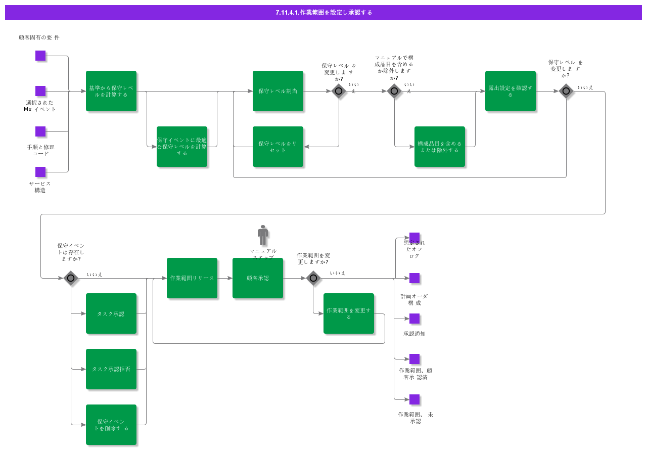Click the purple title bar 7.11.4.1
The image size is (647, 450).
pyautogui.click(x=323, y=13)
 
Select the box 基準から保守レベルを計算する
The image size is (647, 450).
pyautogui.click(x=111, y=91)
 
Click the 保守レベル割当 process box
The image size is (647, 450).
pyautogui.click(x=278, y=91)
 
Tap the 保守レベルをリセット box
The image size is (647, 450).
pyautogui.click(x=278, y=147)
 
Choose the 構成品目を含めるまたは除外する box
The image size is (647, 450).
pyautogui.click(x=440, y=147)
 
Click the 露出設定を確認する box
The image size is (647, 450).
pyautogui.click(x=511, y=91)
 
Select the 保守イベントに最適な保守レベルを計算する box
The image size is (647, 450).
pyautogui.click(x=182, y=147)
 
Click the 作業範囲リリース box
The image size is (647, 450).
pyautogui.click(x=192, y=278)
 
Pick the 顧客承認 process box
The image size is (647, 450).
pyautogui.click(x=258, y=278)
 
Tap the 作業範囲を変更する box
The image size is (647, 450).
pyautogui.click(x=349, y=313)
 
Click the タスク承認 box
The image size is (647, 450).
pyautogui.click(x=111, y=313)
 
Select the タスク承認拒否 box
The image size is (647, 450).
pyautogui.click(x=111, y=369)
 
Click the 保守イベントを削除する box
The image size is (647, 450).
pyautogui.click(x=111, y=425)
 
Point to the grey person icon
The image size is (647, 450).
pyautogui.click(x=263, y=235)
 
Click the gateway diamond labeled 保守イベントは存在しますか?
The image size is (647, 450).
pyautogui.click(x=71, y=278)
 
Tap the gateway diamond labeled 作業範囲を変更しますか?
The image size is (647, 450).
pyautogui.click(x=313, y=278)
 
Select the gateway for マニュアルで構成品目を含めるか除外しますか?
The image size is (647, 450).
pyautogui.click(x=394, y=91)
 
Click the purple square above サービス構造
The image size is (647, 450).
pyautogui.click(x=40, y=172)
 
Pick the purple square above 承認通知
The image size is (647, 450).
pyautogui.click(x=414, y=319)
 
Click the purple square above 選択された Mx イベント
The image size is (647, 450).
pyautogui.click(x=40, y=91)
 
